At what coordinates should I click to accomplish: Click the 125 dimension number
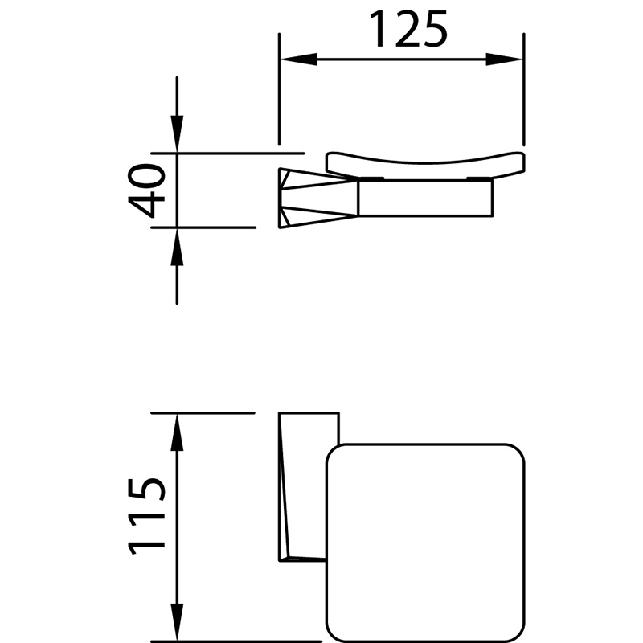[408, 29]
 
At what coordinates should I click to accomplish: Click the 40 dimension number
[146, 190]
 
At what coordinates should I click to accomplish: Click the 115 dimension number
[146, 516]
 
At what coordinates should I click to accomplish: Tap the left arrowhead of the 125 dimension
[298, 59]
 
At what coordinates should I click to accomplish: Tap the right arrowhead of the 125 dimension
[505, 59]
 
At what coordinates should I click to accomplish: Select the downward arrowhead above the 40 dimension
[177, 134]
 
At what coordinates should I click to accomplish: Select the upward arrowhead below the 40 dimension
[177, 247]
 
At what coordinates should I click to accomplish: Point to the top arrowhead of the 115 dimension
[177, 432]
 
